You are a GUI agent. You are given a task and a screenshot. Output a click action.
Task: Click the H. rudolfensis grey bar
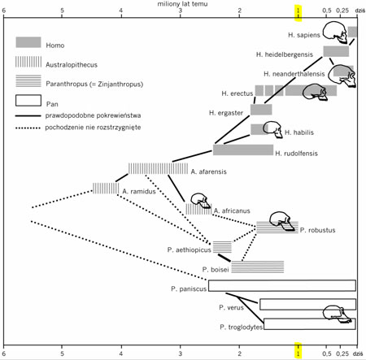243,150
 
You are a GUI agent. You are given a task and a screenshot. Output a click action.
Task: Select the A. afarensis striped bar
158,168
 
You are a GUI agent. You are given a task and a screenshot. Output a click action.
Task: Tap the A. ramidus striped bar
106,189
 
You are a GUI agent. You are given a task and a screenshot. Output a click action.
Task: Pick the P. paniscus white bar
282,285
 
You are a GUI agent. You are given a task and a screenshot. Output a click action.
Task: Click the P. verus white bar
308,304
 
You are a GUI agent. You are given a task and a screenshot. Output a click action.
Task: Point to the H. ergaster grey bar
261,110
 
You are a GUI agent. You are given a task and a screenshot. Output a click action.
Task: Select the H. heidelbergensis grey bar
336,51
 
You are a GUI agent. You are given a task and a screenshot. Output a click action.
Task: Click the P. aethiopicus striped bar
222,247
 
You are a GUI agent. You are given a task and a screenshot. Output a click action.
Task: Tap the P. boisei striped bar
258,267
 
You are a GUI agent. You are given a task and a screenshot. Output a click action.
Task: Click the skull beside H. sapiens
335,33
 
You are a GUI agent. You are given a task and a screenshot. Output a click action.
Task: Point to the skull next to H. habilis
273,129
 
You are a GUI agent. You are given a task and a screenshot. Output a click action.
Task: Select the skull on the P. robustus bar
281,221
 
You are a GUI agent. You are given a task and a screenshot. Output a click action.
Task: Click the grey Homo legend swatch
28,42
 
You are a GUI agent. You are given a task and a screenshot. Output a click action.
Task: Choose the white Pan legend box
28,100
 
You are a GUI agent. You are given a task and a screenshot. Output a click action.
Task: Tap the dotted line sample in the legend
28,128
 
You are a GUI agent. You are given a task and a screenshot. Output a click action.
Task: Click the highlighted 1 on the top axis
298,11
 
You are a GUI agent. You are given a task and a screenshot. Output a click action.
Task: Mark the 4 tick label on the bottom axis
121,353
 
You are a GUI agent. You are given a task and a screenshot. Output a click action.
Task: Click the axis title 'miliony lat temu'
182,4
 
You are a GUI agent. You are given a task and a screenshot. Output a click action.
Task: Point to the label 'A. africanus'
232,210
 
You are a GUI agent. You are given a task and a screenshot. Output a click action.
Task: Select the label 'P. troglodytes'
241,327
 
